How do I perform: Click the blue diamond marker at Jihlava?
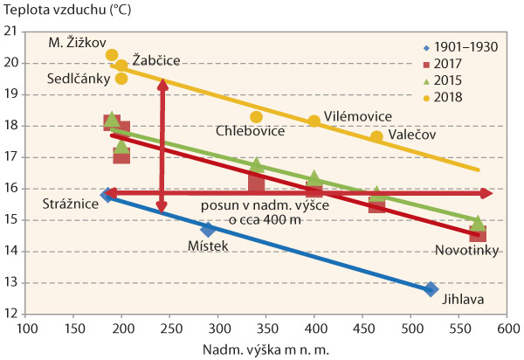tap(431, 289)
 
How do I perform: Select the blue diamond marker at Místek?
tap(208, 229)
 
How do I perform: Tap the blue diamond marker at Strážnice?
tap(107, 195)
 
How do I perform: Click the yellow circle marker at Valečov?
tap(376, 137)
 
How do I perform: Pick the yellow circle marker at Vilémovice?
tap(314, 121)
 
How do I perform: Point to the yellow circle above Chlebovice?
tap(256, 117)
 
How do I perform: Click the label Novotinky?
tap(467, 251)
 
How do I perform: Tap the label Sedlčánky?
tap(78, 78)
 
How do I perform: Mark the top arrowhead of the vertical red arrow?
tap(162, 84)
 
